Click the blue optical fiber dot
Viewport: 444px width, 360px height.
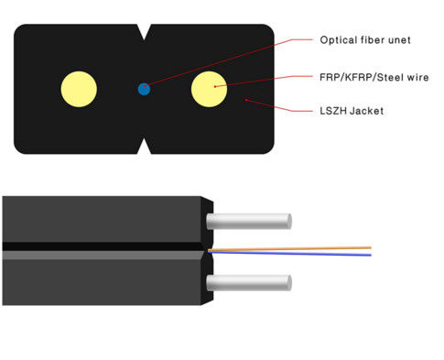point(144,89)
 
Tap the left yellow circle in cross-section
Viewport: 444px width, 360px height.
point(79,88)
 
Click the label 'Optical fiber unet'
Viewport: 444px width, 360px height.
point(364,40)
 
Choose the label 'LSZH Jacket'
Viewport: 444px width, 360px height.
point(352,112)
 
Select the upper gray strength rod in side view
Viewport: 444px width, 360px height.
point(247,221)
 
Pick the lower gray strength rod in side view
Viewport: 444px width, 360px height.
point(247,281)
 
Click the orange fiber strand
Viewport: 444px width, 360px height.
point(293,247)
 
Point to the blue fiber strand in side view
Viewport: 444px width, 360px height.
point(293,254)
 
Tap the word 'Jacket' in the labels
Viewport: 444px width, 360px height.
point(367,112)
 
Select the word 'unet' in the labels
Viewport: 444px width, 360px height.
point(398,40)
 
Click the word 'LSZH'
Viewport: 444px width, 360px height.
point(333,112)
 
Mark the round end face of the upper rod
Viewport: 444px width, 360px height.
point(287,221)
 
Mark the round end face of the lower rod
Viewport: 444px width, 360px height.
point(287,281)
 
